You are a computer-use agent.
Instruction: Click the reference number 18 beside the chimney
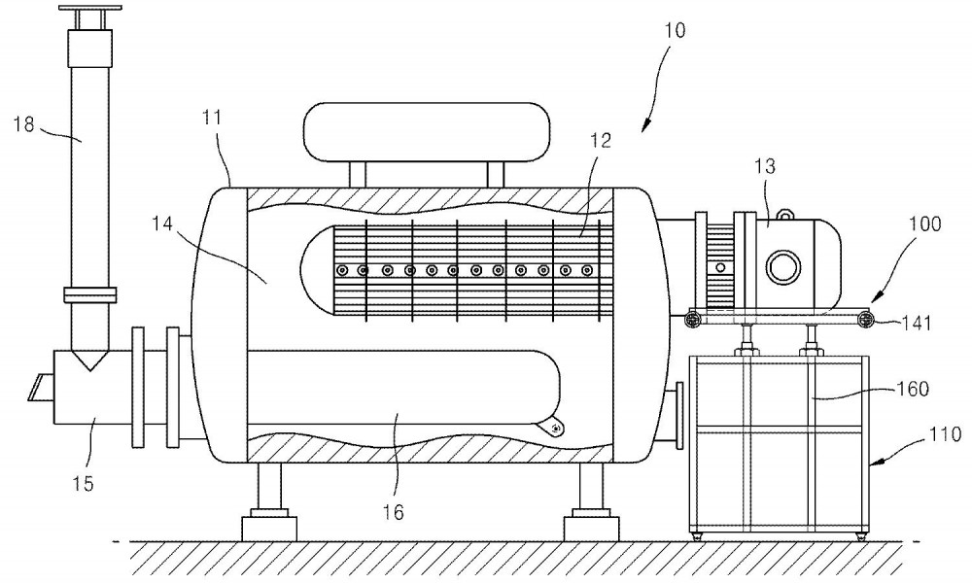[23, 124]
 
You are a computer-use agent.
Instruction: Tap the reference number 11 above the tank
[211, 118]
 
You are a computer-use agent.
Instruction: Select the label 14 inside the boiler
[161, 223]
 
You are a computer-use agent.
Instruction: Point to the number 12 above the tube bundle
[600, 141]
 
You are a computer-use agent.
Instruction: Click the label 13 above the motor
[765, 166]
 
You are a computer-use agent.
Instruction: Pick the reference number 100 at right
[925, 223]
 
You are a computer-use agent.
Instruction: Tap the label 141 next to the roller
[917, 323]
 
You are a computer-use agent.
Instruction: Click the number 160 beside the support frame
[913, 389]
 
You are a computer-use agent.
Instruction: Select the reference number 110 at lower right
[946, 434]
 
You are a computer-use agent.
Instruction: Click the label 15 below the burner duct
[83, 483]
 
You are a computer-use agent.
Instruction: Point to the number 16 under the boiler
[393, 512]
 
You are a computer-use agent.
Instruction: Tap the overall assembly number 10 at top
[675, 30]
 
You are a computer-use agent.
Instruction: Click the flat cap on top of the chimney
[90, 10]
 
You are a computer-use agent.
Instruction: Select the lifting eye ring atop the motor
[786, 214]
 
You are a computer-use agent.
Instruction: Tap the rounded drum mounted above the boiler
[427, 132]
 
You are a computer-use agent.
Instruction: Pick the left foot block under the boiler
[269, 524]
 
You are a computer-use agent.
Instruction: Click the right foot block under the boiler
[591, 524]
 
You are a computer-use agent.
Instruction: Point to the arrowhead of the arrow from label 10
[644, 126]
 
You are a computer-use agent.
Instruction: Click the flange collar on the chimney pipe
[90, 294]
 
